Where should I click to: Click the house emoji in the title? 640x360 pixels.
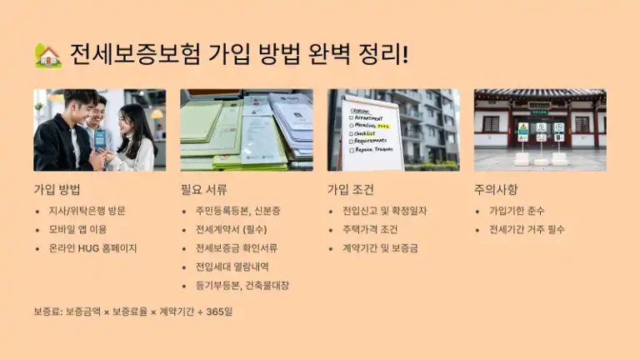point(48,56)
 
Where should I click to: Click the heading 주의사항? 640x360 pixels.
point(497,189)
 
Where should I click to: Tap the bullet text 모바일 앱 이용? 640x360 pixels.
point(77,229)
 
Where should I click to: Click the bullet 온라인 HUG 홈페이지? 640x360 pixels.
point(92,247)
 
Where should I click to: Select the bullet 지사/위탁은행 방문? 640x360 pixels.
point(87,211)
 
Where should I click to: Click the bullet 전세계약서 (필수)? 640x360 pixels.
point(232,229)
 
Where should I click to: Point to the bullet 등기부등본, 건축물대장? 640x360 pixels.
point(242,285)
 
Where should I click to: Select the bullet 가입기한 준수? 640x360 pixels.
point(517,211)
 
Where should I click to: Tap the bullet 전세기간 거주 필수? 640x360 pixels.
point(527,229)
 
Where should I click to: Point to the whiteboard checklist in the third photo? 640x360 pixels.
point(369,132)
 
